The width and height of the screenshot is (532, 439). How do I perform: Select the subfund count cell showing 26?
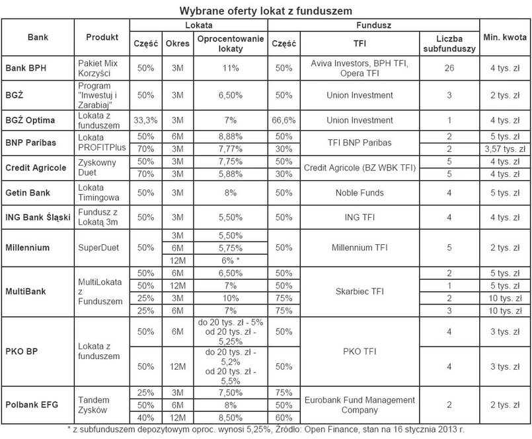450,68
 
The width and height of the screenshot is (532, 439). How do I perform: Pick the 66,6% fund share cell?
284,120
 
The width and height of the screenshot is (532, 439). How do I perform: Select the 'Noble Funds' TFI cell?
360,193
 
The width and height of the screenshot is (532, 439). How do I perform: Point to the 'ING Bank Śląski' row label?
37,217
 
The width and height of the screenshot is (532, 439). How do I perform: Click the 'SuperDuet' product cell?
98,248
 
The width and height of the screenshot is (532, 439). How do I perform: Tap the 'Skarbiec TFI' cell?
360,291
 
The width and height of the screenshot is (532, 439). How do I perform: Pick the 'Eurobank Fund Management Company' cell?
360,405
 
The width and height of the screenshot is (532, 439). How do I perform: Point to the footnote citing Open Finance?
265,429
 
